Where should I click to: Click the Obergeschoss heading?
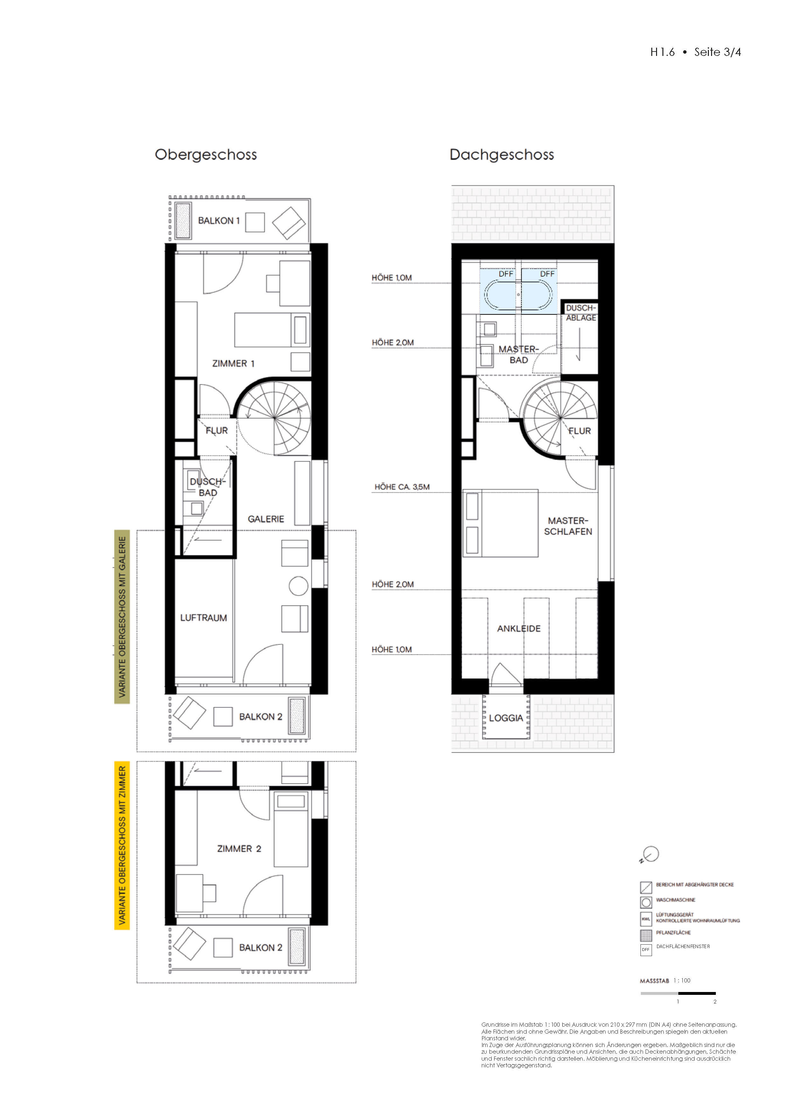[x=205, y=155]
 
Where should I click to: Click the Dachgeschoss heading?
[x=502, y=155]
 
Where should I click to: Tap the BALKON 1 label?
[x=218, y=221]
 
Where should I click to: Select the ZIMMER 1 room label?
[x=233, y=364]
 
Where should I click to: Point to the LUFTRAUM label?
[x=203, y=618]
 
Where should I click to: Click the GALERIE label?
[x=266, y=519]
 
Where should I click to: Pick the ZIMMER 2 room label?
[x=239, y=849]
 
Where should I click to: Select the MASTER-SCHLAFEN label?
[x=568, y=526]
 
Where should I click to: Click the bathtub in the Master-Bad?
[x=518, y=295]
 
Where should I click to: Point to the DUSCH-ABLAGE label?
[x=581, y=313]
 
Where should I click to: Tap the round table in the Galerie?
[x=298, y=586]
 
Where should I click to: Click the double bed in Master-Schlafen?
[x=501, y=523]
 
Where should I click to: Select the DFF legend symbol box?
[x=646, y=949]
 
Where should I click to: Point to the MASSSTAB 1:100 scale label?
[x=665, y=981]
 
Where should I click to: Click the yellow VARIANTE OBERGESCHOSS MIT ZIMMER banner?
[x=122, y=845]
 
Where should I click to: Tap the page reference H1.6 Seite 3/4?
[x=695, y=52]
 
